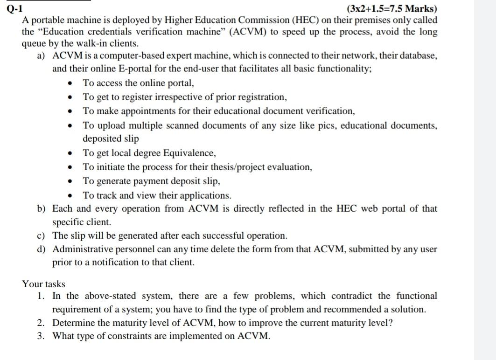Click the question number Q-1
[x=14, y=9]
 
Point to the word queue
[x=34, y=44]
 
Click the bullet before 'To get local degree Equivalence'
[x=70, y=153]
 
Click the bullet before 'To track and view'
[x=70, y=195]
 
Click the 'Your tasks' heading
[x=44, y=284]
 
